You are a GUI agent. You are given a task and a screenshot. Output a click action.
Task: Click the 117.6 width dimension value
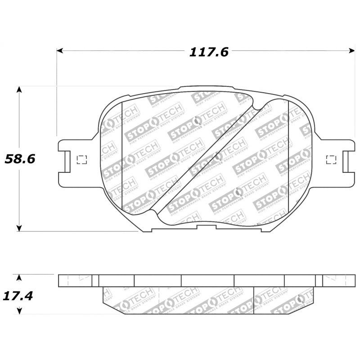[208, 52]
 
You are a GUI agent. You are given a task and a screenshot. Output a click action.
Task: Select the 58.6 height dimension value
[19, 158]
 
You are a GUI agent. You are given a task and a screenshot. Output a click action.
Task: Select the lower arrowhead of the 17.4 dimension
[19, 310]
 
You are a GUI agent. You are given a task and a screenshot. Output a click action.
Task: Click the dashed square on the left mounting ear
[81, 159]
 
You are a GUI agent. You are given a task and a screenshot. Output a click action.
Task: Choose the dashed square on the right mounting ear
[331, 159]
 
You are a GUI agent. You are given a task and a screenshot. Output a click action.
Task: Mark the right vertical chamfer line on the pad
[288, 157]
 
